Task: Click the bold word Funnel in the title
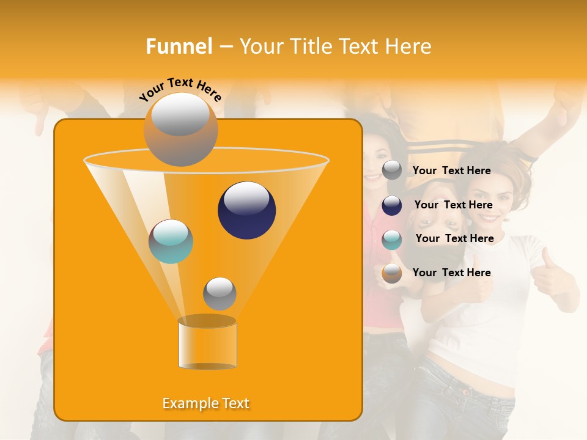[x=179, y=46]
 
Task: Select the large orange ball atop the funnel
[x=180, y=130]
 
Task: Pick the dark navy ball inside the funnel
[x=246, y=210]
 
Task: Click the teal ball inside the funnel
[x=171, y=241]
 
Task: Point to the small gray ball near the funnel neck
[x=220, y=293]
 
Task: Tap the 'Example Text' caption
[x=206, y=403]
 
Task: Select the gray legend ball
[x=392, y=170]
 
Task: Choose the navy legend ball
[x=392, y=205]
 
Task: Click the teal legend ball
[x=392, y=240]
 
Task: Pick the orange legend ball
[x=392, y=273]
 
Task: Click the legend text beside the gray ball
[x=451, y=170]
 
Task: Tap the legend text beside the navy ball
[x=453, y=205]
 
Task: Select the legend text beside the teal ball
[x=454, y=238]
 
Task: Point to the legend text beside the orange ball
[x=451, y=273]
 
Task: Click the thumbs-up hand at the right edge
[x=550, y=275]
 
